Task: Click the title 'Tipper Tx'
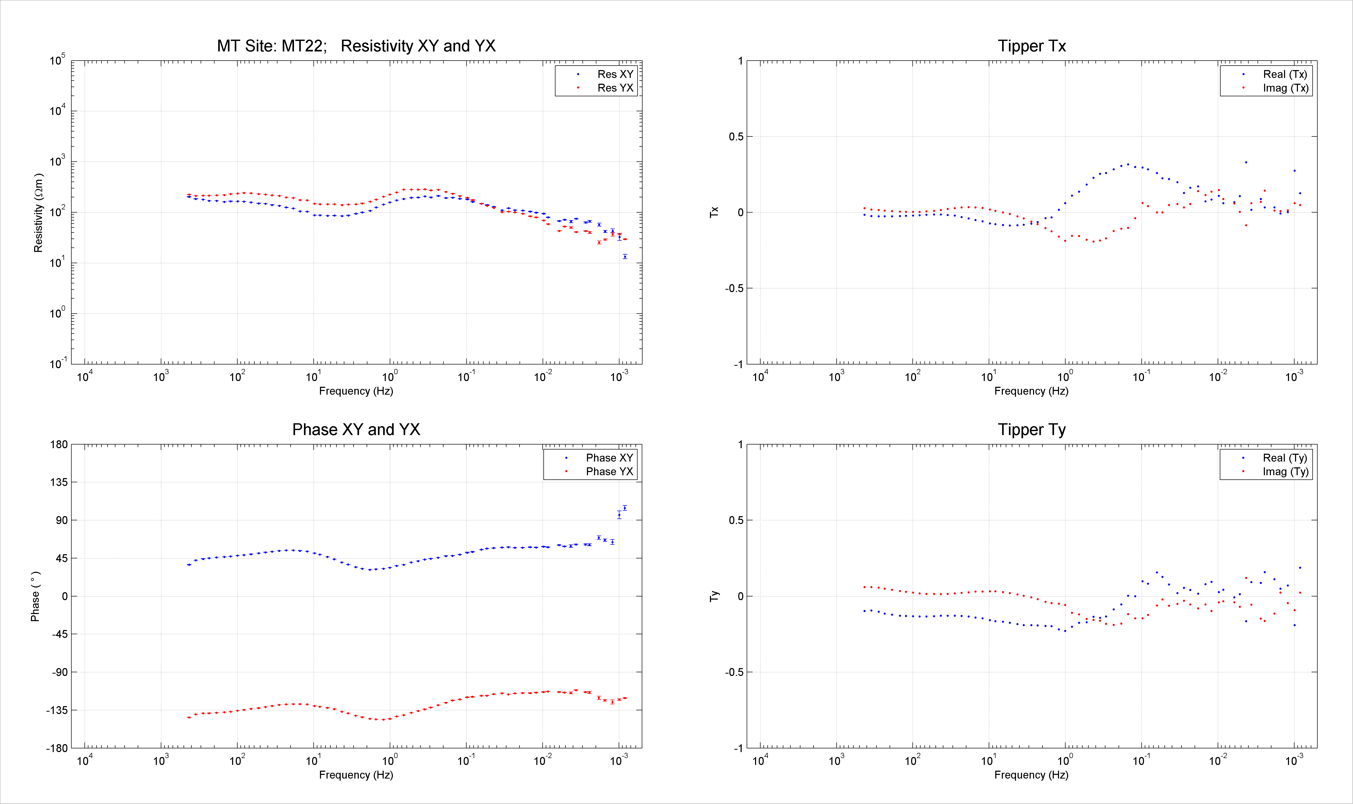(1032, 46)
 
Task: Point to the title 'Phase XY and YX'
(356, 430)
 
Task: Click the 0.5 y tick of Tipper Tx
(736, 136)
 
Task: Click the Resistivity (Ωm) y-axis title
(38, 213)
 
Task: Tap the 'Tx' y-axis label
(714, 212)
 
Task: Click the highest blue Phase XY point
(625, 508)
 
